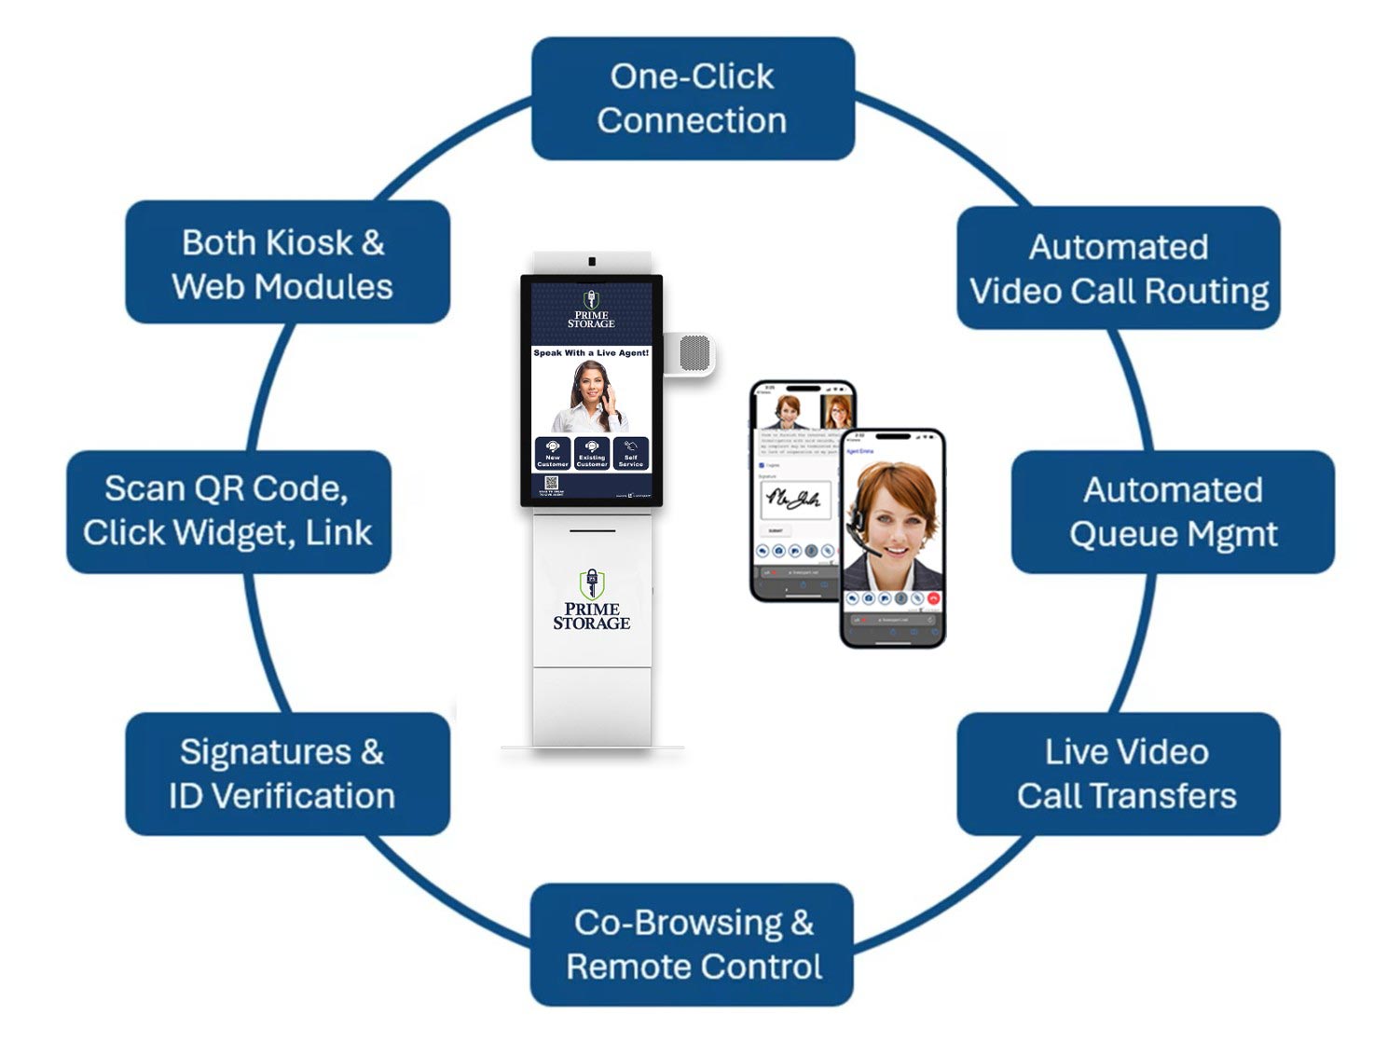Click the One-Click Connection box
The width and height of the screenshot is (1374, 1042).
coord(693,98)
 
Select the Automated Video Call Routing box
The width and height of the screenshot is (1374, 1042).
coord(1119,268)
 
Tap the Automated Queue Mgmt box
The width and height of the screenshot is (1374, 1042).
coord(1173,512)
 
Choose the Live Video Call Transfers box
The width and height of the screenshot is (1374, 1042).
coord(1119,774)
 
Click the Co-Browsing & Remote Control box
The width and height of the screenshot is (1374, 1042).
coord(693,944)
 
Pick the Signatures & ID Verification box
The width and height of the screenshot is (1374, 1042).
coord(287,774)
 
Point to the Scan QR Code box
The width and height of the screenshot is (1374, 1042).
coord(228,512)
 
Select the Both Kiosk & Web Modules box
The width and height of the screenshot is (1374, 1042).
coord(287,263)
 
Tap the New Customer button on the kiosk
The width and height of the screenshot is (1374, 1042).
coord(553,454)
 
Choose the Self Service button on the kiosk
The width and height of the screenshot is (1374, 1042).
coord(631,454)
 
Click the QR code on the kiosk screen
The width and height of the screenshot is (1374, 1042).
coord(551,484)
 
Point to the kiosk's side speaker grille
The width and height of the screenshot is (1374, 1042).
coord(694,354)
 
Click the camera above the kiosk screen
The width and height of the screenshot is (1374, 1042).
coord(591,262)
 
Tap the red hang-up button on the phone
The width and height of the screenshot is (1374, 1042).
coord(933,598)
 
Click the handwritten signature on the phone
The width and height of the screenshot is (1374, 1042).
coord(792,500)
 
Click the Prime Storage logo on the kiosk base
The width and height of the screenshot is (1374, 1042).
coord(592,601)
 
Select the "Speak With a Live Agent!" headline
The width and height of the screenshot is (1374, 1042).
coord(591,353)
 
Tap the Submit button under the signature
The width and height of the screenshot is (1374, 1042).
coord(776,530)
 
